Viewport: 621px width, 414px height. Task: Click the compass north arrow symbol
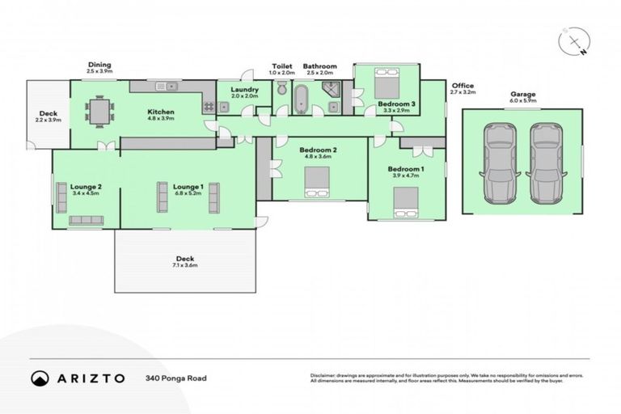[575, 41]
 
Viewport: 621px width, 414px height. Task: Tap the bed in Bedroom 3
[387, 84]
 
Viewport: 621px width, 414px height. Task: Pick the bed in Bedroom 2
[315, 192]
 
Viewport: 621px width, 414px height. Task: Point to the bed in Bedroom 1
[404, 201]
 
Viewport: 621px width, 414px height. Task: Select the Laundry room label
[243, 89]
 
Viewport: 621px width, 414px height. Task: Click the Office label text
[463, 85]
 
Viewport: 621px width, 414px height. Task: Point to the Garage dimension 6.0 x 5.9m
[522, 101]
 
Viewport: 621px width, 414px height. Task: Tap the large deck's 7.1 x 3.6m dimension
[184, 266]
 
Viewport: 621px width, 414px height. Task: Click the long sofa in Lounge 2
[86, 220]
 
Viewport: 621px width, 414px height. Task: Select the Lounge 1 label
[188, 186]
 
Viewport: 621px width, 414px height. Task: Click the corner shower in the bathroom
[330, 95]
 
